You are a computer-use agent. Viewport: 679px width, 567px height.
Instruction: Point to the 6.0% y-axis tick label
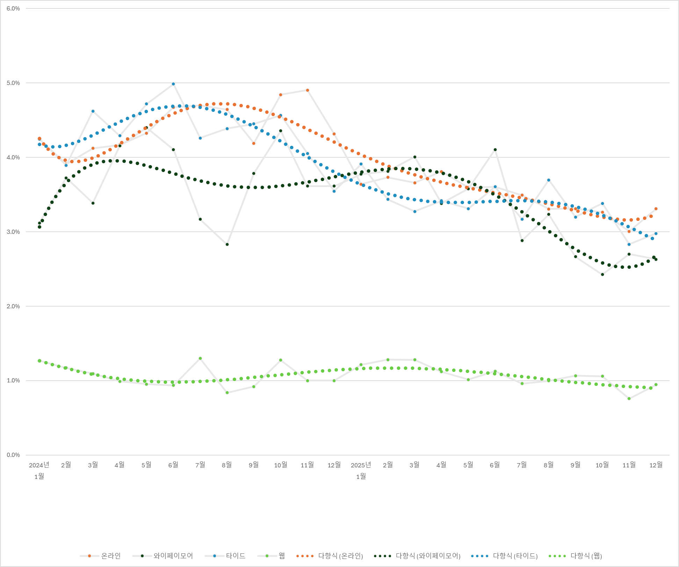(13, 9)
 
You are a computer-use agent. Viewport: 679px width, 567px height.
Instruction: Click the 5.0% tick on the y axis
(13, 83)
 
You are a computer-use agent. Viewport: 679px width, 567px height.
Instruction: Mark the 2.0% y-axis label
(13, 306)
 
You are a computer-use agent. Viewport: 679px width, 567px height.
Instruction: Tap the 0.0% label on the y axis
(13, 455)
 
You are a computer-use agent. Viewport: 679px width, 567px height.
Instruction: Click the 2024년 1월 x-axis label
(39, 470)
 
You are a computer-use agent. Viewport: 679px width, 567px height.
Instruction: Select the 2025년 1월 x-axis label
(361, 470)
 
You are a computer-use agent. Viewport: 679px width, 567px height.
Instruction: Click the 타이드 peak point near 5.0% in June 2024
(173, 84)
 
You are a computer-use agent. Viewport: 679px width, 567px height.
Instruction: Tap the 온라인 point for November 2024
(308, 90)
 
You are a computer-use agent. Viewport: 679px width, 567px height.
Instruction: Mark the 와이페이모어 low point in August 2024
(227, 244)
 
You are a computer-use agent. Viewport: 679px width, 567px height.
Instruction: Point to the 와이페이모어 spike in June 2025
(495, 150)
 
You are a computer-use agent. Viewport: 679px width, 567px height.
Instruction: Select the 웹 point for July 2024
(200, 358)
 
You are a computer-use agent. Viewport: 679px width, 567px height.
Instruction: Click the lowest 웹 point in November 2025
(629, 399)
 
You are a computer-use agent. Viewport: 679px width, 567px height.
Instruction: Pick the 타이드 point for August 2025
(549, 180)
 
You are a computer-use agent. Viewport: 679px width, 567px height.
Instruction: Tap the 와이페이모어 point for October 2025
(602, 274)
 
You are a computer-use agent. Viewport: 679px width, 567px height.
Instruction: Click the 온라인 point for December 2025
(656, 209)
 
